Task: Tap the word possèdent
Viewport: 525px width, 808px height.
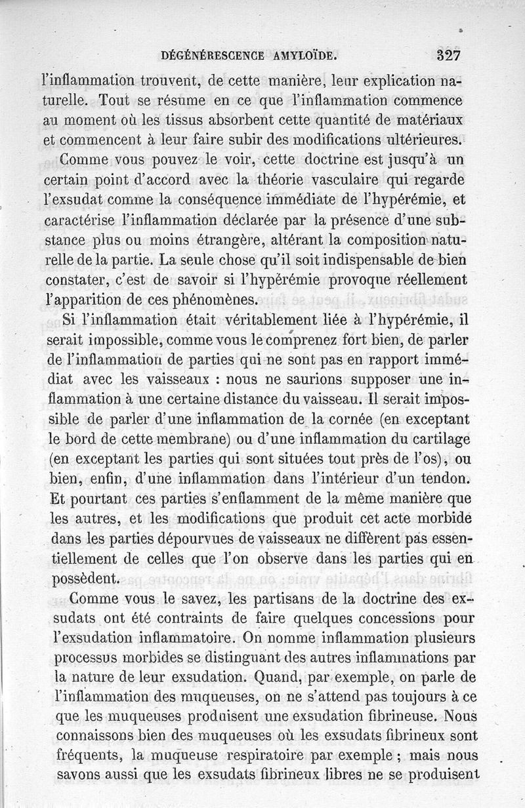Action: [85, 579]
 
